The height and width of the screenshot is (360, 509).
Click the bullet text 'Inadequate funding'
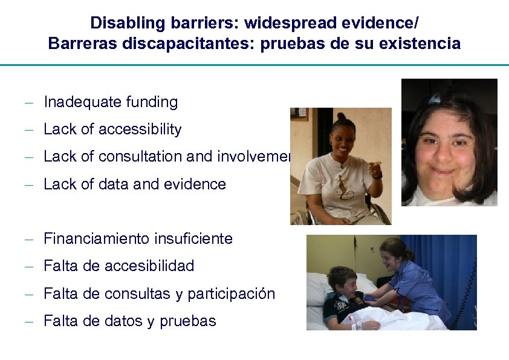(111, 102)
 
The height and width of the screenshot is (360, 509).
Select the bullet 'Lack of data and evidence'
(134, 184)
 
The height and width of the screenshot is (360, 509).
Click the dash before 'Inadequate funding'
(28, 103)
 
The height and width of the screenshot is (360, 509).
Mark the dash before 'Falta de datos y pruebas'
(28, 322)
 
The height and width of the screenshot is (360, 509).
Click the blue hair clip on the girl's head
(435, 98)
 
